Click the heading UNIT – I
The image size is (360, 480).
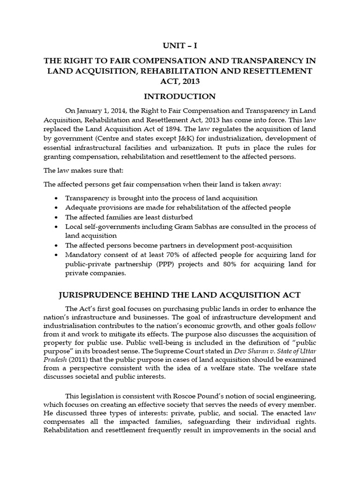pyautogui.click(x=180, y=46)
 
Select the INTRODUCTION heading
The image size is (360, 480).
pyautogui.click(x=180, y=97)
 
